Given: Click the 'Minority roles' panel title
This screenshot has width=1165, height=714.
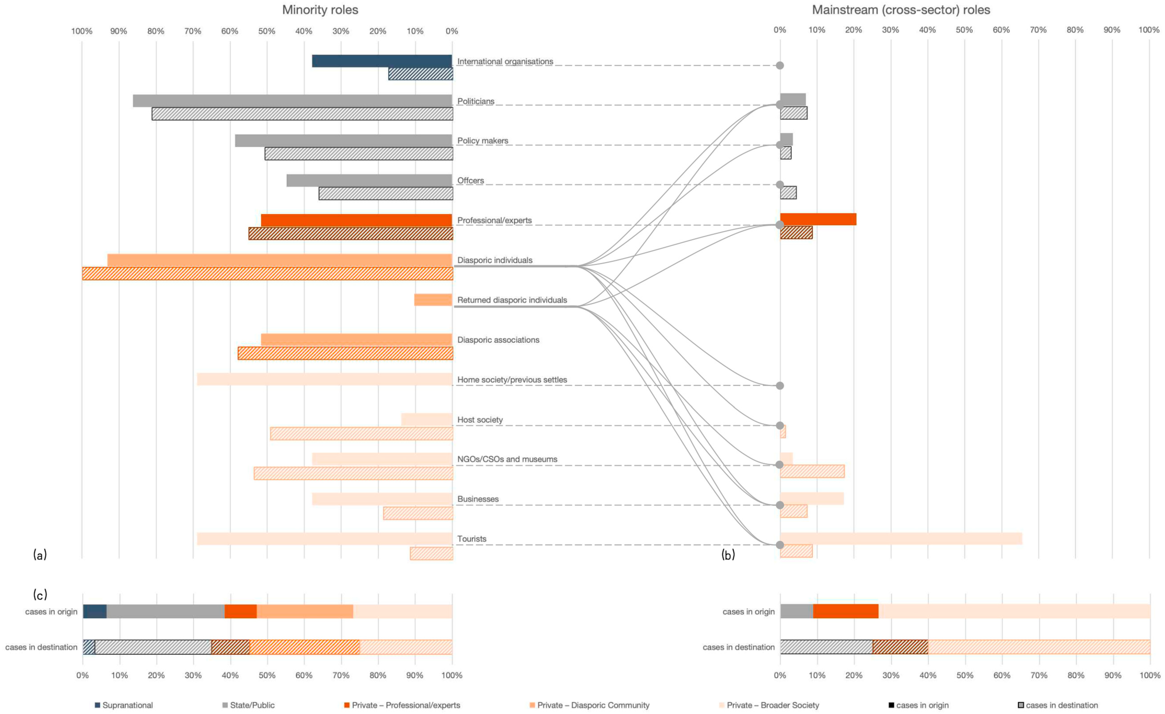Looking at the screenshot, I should pos(320,10).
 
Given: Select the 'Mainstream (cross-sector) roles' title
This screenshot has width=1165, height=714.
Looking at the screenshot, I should pos(901,10).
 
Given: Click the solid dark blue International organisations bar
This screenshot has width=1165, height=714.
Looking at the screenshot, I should pos(382,61).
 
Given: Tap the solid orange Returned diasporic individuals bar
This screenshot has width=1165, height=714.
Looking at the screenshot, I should pos(433,299).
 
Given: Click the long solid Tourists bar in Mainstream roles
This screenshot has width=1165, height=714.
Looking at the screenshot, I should pos(901,538).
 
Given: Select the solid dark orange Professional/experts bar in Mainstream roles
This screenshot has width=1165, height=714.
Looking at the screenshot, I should pos(818,219).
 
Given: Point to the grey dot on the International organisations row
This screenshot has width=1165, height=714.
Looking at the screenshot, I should pos(780,65).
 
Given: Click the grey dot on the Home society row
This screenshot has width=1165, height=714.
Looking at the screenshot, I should pos(780,386).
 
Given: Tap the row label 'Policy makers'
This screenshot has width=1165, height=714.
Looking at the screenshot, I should pos(482,141).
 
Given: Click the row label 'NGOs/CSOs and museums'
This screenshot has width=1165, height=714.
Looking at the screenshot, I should pos(507,459).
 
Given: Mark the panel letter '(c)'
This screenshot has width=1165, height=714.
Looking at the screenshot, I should pos(40,594).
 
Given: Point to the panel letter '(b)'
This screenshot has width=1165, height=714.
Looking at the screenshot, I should pos(728,555).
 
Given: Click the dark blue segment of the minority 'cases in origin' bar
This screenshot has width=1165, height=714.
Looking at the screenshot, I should pos(95,611).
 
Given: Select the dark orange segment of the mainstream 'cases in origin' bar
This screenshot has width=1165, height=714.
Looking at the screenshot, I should pos(845,611).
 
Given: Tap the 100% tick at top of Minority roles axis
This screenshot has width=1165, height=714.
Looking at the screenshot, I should pos(82,31).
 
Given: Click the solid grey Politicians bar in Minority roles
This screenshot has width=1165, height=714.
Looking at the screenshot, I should pos(292,101).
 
